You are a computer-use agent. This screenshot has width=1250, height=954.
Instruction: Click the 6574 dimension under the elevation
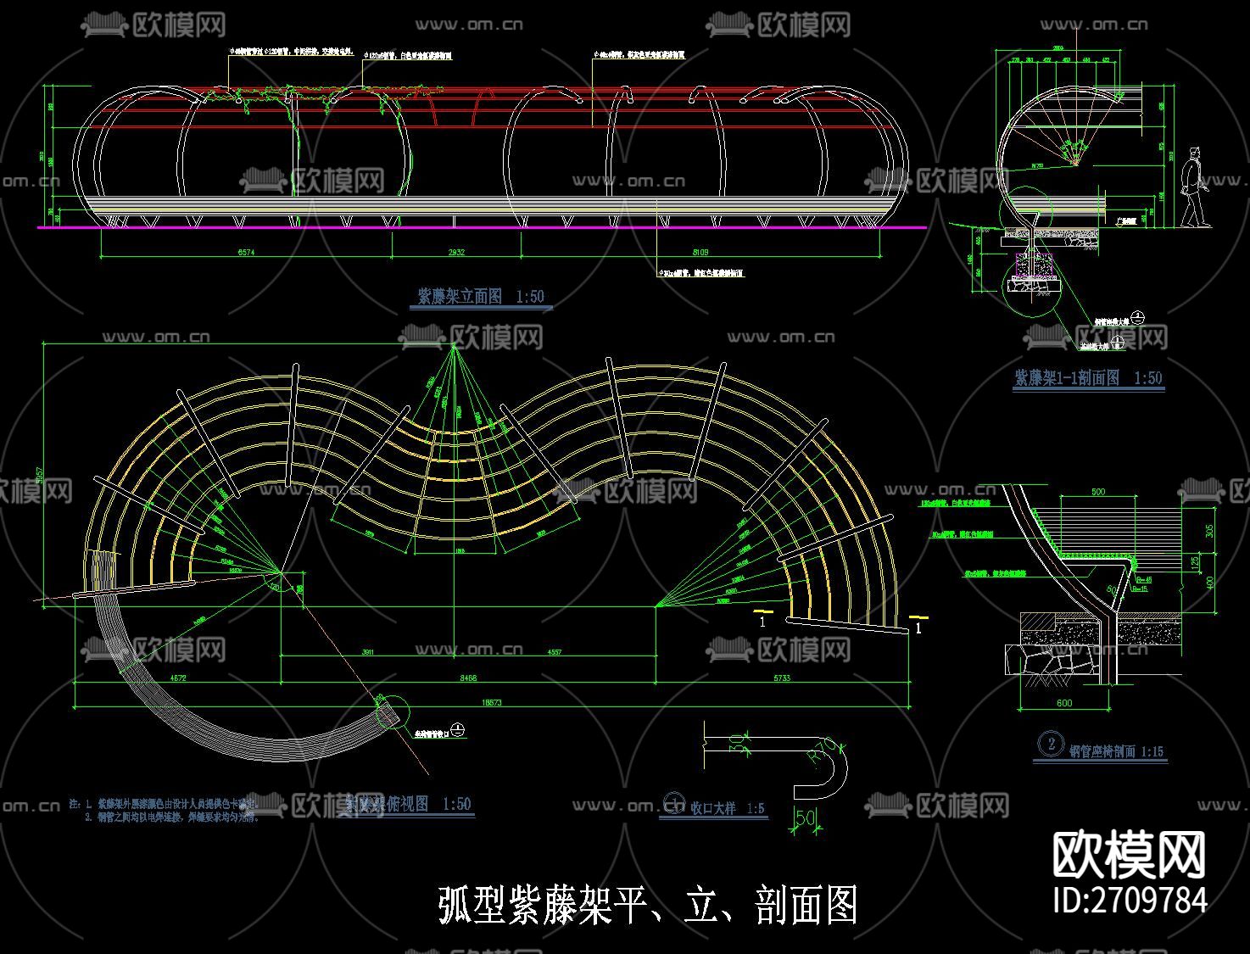pyautogui.click(x=246, y=252)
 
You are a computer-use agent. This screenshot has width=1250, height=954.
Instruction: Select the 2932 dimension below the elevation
pyautogui.click(x=456, y=252)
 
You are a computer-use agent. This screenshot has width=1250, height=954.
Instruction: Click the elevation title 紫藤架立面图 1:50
pyautogui.click(x=480, y=297)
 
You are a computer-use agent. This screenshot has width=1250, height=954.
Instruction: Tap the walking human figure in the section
pyautogui.click(x=1194, y=188)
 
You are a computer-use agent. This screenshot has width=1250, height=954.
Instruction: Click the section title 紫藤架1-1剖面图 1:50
pyautogui.click(x=1088, y=378)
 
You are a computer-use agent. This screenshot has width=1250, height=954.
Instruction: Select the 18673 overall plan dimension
pyautogui.click(x=492, y=702)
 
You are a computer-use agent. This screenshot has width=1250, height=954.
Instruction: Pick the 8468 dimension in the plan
pyautogui.click(x=466, y=678)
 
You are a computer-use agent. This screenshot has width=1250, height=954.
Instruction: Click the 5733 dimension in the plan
pyautogui.click(x=781, y=678)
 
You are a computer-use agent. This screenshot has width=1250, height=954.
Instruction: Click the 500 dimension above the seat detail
pyautogui.click(x=1098, y=492)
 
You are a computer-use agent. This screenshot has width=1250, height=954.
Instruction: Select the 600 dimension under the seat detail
pyautogui.click(x=1064, y=702)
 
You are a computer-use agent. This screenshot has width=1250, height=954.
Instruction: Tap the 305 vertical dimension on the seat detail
pyautogui.click(x=1209, y=529)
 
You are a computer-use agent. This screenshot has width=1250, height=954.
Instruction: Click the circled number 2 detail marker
pyautogui.click(x=1052, y=744)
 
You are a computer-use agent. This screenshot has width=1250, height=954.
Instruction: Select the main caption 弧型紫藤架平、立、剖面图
pyautogui.click(x=648, y=905)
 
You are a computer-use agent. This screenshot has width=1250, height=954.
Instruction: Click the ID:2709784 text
pyautogui.click(x=1130, y=900)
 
